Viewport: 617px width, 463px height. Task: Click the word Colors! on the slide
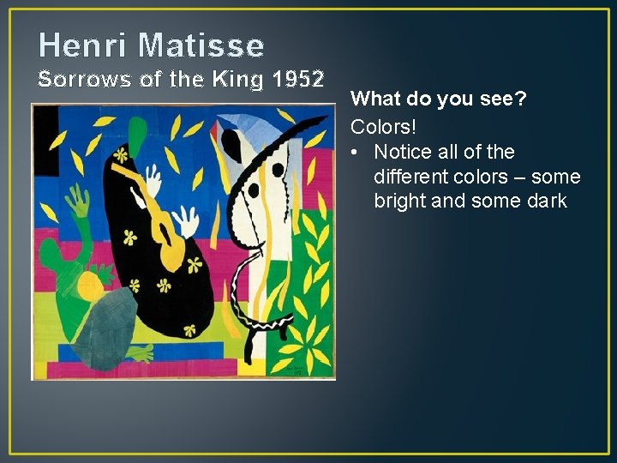tap(383, 126)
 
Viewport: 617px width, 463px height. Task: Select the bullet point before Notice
tap(356, 153)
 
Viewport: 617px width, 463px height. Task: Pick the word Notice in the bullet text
tap(401, 153)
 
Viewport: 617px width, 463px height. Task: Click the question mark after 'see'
tap(521, 100)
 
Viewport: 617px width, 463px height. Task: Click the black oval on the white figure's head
tap(277, 170)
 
